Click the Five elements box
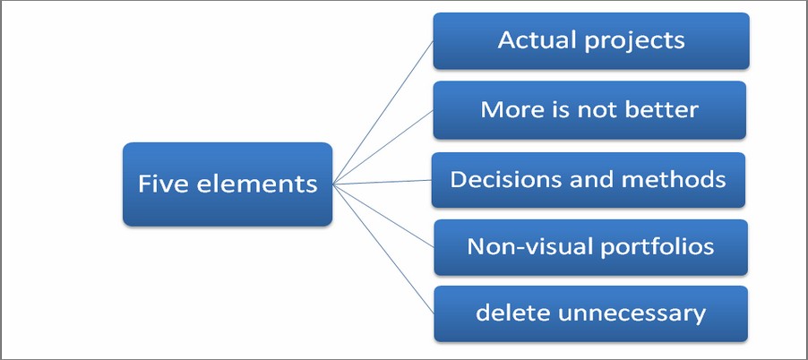point(228,184)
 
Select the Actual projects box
point(591,40)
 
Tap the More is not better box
point(589,109)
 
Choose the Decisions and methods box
point(588,180)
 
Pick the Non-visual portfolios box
point(590,247)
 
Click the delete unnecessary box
point(590,313)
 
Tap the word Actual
point(537,40)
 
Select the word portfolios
point(657,248)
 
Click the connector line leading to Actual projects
point(383,112)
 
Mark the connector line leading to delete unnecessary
point(383,249)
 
